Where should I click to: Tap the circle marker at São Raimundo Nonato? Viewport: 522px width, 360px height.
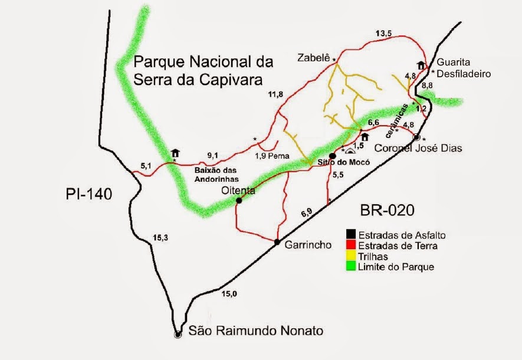[178, 335]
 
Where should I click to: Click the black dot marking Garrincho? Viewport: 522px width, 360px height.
[277, 242]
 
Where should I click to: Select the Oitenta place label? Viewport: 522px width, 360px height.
[238, 190]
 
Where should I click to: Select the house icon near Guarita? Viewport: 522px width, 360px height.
[421, 65]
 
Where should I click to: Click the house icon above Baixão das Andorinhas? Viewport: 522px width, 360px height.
[175, 153]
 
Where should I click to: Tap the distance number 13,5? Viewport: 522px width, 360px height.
[383, 34]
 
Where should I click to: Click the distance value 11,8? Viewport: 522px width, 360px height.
[275, 94]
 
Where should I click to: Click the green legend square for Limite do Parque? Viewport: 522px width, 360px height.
[351, 267]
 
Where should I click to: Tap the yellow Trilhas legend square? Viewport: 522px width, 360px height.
[351, 256]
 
